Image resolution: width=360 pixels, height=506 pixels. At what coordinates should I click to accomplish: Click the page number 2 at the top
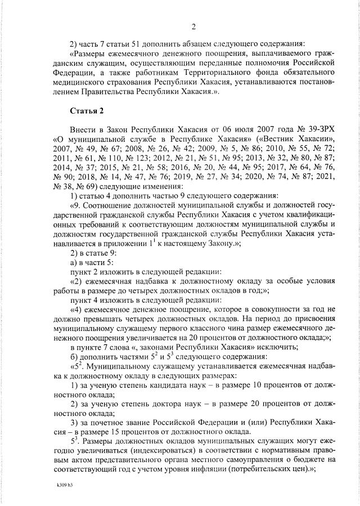[193, 26]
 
